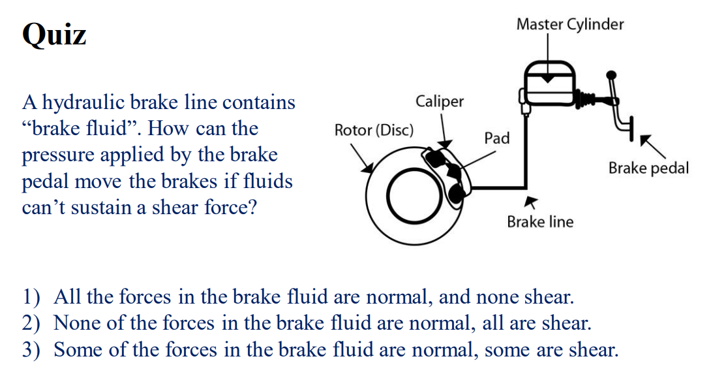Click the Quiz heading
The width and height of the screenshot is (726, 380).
click(54, 33)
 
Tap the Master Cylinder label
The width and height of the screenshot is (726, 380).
click(569, 25)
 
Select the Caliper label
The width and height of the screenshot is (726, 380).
click(440, 101)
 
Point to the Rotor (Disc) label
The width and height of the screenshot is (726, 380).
click(374, 130)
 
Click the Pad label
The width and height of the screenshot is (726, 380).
click(496, 138)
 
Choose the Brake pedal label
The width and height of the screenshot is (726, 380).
click(648, 168)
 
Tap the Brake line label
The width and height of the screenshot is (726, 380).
click(540, 222)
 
